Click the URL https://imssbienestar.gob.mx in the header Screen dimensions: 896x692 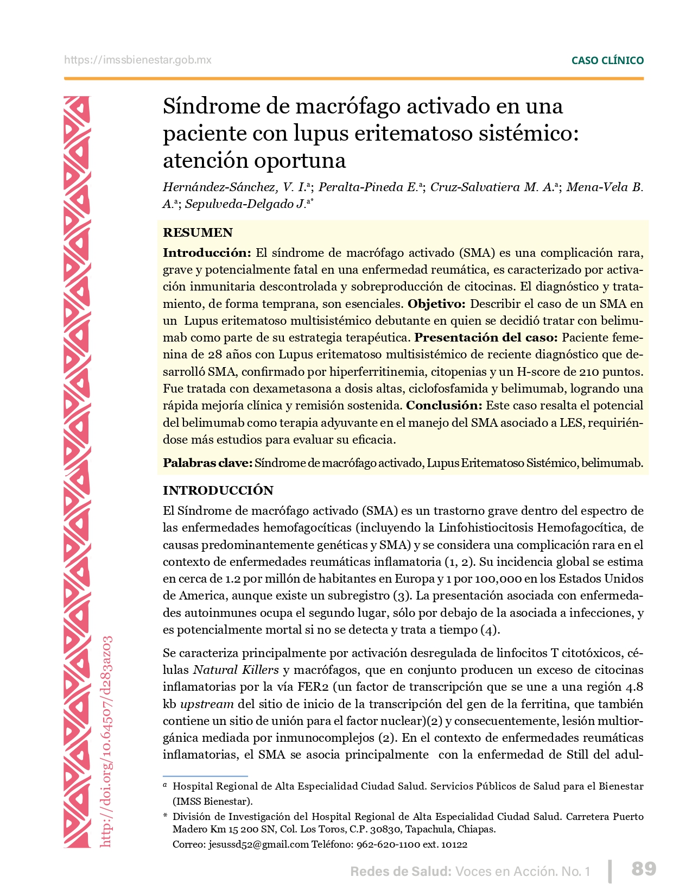(138, 60)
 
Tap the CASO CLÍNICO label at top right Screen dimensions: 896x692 (607, 61)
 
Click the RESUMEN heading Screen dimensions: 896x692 (198, 233)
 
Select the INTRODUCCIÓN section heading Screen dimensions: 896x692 (218, 490)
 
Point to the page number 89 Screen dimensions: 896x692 (644, 869)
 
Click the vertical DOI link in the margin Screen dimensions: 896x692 (107, 741)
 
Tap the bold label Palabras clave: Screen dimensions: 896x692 (207, 463)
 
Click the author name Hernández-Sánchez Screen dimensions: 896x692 (219, 187)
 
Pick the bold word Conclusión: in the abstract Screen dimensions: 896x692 (444, 406)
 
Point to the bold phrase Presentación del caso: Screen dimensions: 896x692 (486, 338)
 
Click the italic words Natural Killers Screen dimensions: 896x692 (236, 670)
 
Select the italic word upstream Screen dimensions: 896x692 (207, 704)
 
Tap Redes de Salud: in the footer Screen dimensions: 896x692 (401, 872)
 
